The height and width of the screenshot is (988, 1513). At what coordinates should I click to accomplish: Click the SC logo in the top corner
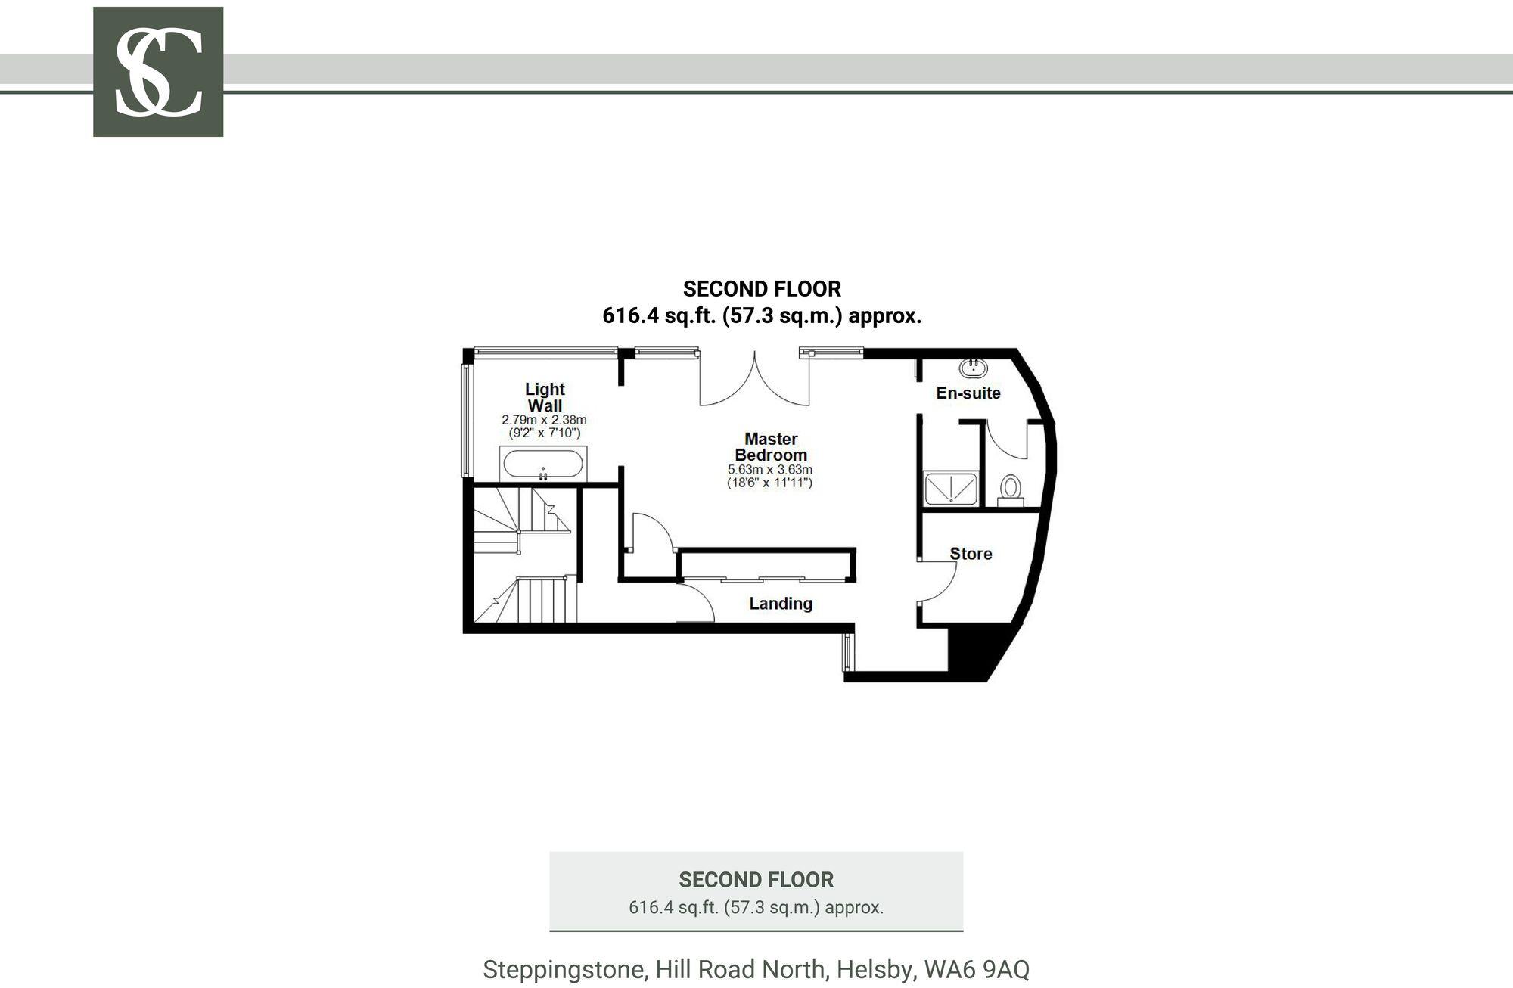pos(158,72)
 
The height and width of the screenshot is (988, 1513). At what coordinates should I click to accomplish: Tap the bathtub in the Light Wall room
pos(543,463)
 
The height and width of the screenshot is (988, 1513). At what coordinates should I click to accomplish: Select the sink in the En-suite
pos(973,368)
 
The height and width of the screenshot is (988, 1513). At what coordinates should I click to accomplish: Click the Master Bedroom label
pos(771,446)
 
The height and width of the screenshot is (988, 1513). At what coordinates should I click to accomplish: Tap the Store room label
pos(971,554)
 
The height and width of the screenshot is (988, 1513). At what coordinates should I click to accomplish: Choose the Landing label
pos(781,604)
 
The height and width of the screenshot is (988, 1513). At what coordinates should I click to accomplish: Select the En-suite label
pos(968,393)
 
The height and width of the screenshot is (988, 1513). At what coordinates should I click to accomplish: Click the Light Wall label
pos(545,397)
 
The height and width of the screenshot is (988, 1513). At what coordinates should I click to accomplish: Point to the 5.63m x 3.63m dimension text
pos(770,470)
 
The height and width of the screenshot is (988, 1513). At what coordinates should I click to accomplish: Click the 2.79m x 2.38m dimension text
pos(544,420)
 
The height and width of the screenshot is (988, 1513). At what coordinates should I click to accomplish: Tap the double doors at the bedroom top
pos(754,378)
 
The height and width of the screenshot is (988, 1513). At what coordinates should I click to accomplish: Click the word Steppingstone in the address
pos(564,970)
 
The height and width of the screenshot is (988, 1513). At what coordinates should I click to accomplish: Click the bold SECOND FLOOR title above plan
pos(762,289)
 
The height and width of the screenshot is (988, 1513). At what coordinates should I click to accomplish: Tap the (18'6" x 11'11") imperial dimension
pos(770,482)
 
